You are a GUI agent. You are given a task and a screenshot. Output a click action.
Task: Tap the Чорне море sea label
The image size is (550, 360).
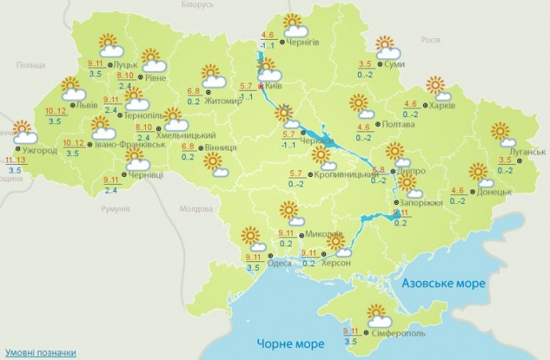pyautogui.click(x=290, y=344)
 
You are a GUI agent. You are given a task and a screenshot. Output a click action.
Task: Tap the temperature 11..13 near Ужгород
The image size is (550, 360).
pyautogui.click(x=14, y=160)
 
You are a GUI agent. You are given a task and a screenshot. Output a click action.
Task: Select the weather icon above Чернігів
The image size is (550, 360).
pyautogui.click(x=294, y=26)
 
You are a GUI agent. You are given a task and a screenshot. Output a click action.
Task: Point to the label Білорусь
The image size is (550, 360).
pyautogui.click(x=198, y=5)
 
